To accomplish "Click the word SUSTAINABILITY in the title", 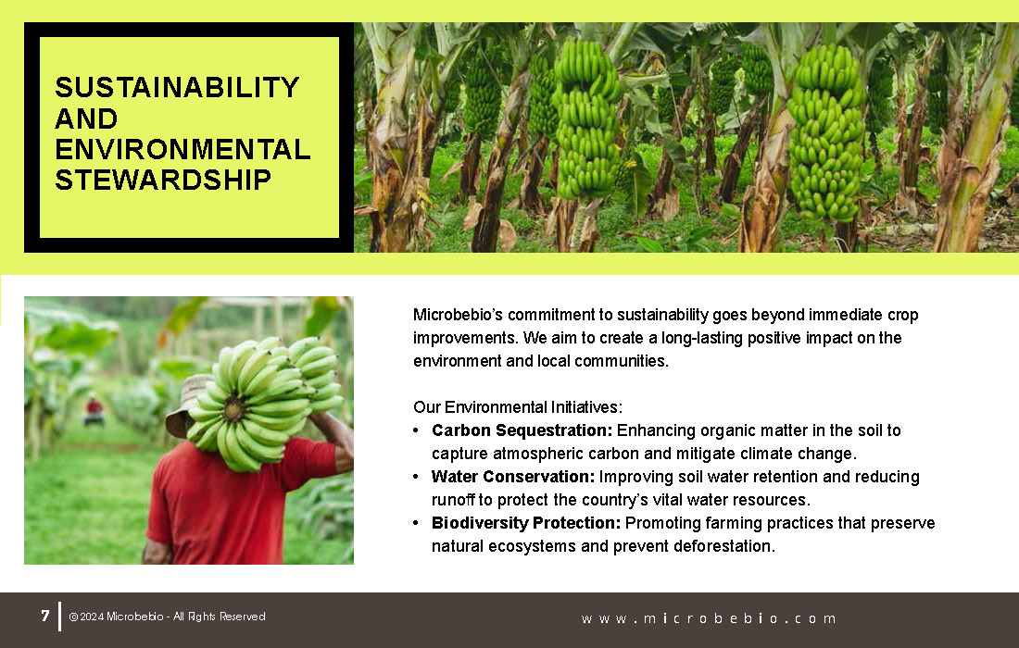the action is (x=178, y=88).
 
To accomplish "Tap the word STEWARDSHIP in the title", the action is (x=163, y=180).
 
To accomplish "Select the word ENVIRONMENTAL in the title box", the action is (x=182, y=149).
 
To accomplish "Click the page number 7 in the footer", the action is (x=44, y=616).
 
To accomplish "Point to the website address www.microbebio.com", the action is (x=709, y=618).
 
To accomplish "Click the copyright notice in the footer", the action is (x=167, y=617).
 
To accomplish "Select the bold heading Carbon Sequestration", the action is (x=522, y=430).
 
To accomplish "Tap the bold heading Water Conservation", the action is (x=513, y=477).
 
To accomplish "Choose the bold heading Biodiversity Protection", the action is (x=526, y=523).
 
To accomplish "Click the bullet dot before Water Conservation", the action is (x=416, y=478).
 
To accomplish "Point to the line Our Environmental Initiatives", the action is (x=517, y=407).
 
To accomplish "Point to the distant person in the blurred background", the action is (x=94, y=410).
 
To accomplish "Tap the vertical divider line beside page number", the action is (x=60, y=617).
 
